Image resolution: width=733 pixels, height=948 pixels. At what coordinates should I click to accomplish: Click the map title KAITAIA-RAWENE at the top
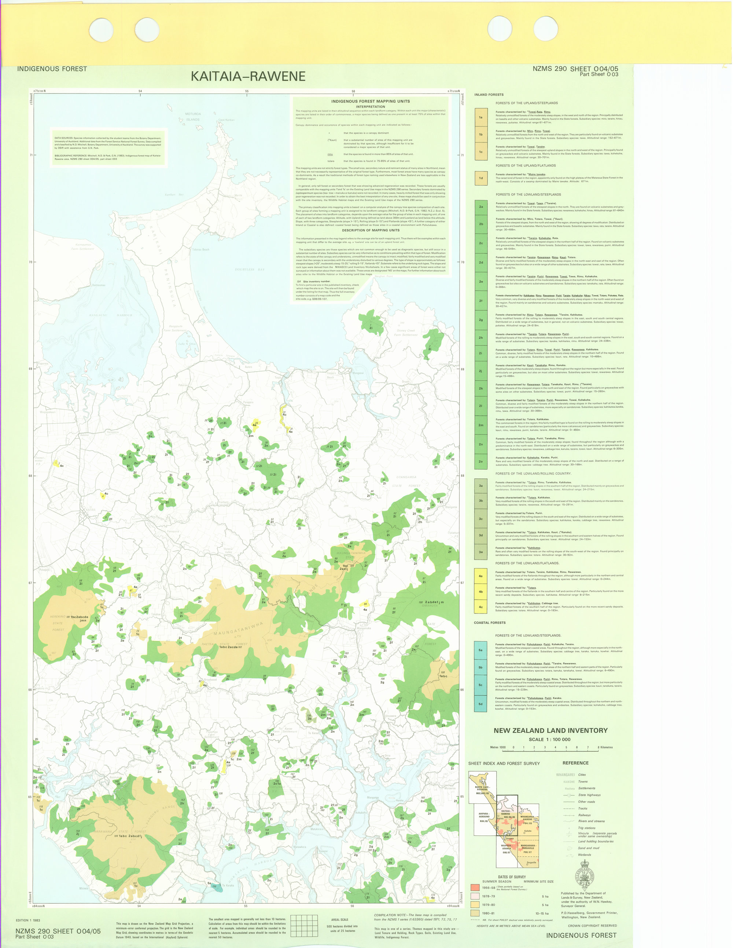click(x=248, y=76)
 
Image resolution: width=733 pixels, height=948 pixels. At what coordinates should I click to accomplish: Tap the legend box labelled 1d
click(x=480, y=178)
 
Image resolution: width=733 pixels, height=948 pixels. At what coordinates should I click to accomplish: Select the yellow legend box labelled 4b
click(x=480, y=592)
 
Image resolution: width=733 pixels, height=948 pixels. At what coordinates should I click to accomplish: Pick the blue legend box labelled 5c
click(x=480, y=685)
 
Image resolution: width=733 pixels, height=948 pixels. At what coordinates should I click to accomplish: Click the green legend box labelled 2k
click(x=480, y=388)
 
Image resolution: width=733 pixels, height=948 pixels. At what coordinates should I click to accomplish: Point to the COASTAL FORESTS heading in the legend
click(x=489, y=622)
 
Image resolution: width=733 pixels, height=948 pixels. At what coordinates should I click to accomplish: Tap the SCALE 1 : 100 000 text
click(x=549, y=740)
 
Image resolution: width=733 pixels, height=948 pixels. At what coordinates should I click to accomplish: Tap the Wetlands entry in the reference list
click(x=584, y=855)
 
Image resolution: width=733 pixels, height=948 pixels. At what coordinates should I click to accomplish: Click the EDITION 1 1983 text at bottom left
click(x=28, y=920)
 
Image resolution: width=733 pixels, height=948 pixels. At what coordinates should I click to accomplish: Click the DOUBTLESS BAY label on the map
click(x=249, y=270)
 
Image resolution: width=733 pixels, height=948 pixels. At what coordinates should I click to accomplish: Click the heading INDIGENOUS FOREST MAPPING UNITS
click(x=371, y=101)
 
